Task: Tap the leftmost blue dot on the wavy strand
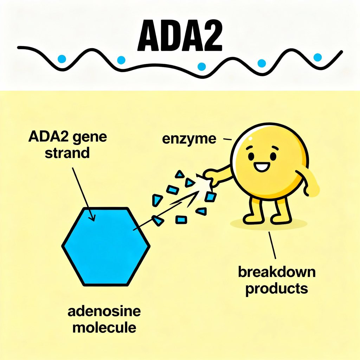click(62, 58)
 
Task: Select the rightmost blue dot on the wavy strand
click(317, 57)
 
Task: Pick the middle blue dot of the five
click(202, 66)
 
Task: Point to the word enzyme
click(189, 139)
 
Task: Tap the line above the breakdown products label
click(272, 246)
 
